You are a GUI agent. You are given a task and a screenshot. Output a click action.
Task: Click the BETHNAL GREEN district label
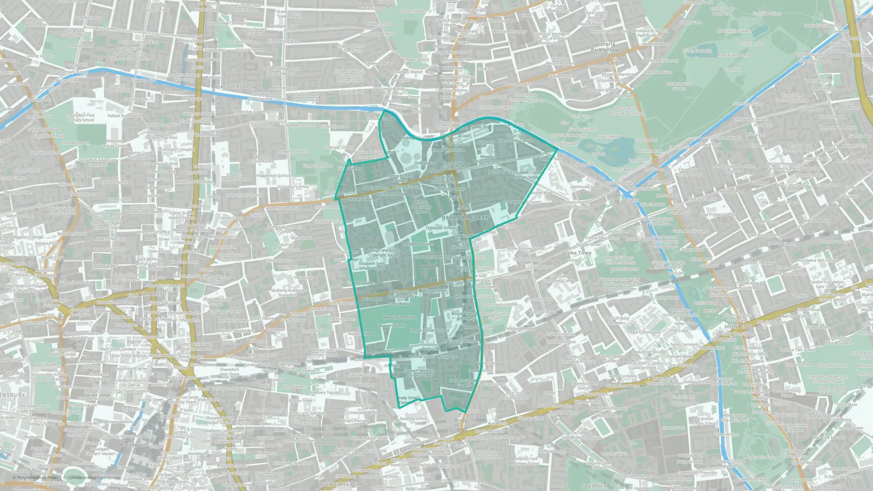466,217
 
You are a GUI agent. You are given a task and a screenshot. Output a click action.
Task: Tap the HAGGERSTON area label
235,87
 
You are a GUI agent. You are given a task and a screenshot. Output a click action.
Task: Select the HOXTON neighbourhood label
80,175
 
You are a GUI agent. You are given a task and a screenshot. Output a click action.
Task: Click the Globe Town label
577,253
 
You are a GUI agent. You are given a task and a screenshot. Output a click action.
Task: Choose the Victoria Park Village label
605,47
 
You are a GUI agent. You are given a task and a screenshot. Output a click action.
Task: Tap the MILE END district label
738,326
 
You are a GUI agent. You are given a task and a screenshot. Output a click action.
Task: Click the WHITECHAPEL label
339,484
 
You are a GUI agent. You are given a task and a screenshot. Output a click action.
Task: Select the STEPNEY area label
594,486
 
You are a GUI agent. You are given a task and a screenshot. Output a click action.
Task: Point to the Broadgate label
133,445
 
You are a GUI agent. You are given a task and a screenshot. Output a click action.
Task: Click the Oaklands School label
440,228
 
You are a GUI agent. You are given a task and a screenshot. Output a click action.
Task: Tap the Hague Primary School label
429,330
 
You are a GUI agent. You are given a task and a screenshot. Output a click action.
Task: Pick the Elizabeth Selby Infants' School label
372,266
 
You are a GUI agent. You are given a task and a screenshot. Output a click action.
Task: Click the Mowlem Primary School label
488,159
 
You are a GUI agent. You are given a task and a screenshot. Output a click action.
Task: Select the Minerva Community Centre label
420,207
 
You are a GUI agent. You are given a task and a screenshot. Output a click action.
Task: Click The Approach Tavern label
522,202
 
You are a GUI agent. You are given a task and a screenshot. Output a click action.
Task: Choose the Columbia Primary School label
286,247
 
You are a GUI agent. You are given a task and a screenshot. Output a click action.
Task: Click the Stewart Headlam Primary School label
420,373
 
